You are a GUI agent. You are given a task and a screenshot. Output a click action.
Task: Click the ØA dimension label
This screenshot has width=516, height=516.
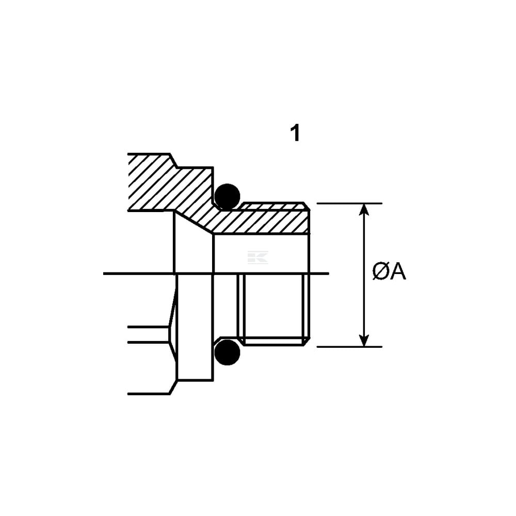[x=389, y=272]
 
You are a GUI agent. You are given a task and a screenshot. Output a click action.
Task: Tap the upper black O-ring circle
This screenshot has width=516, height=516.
[x=227, y=197]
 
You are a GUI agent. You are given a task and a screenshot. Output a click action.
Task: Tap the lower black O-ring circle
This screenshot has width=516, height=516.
[x=227, y=352]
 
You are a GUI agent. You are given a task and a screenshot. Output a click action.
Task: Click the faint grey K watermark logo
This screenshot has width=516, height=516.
[x=257, y=257]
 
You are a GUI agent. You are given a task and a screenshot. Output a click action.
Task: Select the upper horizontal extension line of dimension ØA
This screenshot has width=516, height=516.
[x=349, y=204]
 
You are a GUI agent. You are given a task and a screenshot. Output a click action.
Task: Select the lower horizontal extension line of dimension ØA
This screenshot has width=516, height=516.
[x=349, y=347]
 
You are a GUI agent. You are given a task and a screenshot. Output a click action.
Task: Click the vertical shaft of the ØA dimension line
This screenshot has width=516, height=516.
[x=364, y=275]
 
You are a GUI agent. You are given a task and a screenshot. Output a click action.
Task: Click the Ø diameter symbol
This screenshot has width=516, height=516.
[x=381, y=272]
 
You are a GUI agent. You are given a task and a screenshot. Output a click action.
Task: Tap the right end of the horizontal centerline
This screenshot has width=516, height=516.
[x=328, y=273]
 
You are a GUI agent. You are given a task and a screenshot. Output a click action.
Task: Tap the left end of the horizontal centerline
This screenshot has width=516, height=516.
[x=104, y=273]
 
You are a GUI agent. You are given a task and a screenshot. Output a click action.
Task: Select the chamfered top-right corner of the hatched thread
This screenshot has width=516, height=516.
[x=307, y=206]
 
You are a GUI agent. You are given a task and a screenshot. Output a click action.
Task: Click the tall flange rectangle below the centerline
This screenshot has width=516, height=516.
[x=195, y=327]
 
